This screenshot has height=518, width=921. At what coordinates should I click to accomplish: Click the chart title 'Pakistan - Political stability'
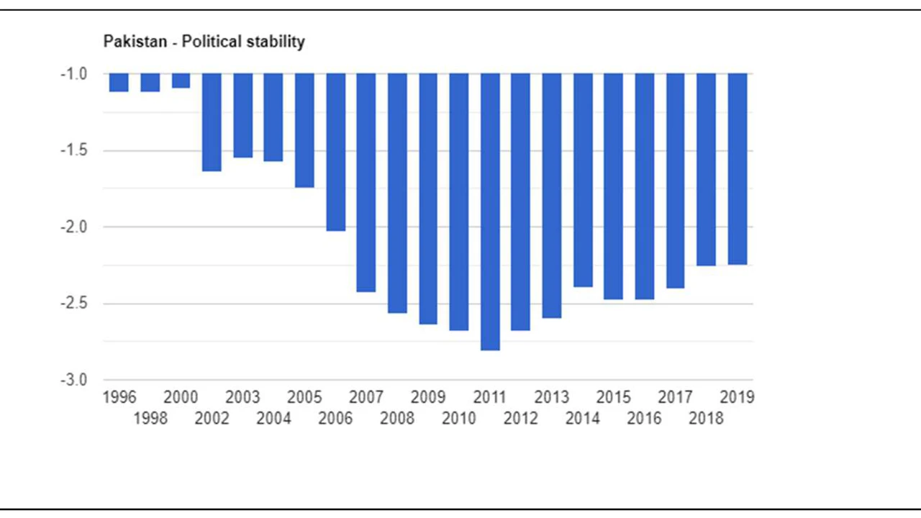[x=204, y=42]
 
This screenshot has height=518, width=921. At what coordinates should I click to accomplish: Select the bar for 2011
[x=490, y=212]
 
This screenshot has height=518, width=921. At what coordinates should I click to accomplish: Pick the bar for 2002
[x=212, y=122]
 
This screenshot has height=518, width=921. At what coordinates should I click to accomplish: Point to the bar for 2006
[x=335, y=152]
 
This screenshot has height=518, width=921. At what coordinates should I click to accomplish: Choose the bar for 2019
[x=738, y=169]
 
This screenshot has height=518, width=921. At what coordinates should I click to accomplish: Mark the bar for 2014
[x=583, y=180]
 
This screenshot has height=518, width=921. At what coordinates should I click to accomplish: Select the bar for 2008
[x=397, y=193]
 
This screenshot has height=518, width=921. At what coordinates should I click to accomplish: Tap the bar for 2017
[x=676, y=181]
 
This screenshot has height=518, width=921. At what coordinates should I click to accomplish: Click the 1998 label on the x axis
[x=150, y=418]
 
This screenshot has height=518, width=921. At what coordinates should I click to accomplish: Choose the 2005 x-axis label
[x=304, y=397]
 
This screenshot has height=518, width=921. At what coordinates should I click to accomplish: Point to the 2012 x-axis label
[x=521, y=418]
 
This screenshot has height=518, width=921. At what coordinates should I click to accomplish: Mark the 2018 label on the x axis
[x=706, y=418]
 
